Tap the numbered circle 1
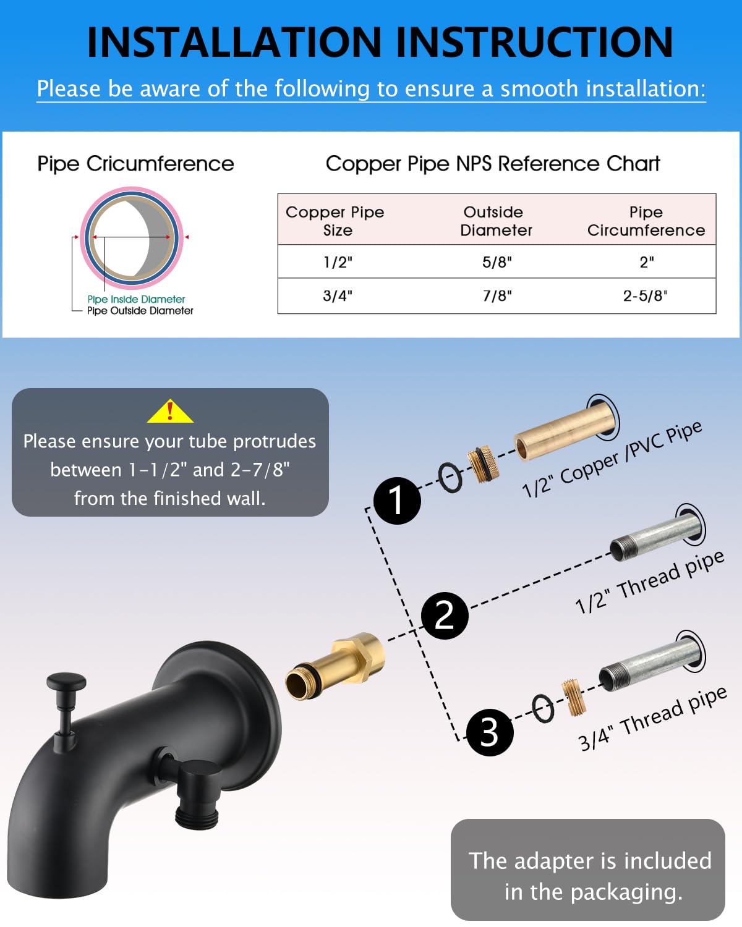pos(397,501)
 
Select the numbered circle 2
pos(444,616)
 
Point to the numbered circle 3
pos(489,732)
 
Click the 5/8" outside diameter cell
pos(497,262)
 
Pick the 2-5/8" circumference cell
pos(645,296)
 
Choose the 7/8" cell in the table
pos(497,296)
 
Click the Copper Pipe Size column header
pos(335,221)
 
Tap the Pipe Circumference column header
pos(646,221)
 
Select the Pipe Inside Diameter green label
pos(136,299)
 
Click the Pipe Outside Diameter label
pos(140,311)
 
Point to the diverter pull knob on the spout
pos(66,684)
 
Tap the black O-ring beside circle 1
pos(450,478)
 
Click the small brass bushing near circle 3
pos(573,697)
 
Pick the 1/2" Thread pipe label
pos(649,581)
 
